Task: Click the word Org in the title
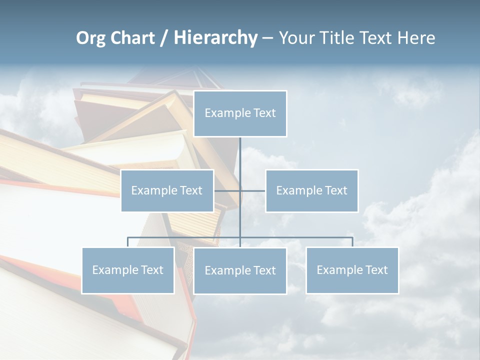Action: tap(90, 38)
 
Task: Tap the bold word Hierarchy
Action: tap(215, 38)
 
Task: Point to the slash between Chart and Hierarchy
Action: tap(164, 38)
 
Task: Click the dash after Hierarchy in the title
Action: tap(267, 38)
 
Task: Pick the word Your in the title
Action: tap(296, 38)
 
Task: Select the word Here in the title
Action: tap(416, 38)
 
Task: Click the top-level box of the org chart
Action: tap(240, 113)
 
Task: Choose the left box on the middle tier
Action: tap(167, 190)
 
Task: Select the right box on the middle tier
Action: tap(311, 190)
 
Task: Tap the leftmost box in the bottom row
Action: tap(128, 270)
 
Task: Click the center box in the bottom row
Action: tap(240, 270)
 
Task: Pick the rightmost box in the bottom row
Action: tap(352, 270)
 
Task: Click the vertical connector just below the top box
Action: tap(240, 150)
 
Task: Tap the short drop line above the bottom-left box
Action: tap(128, 242)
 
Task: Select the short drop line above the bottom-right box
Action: tap(352, 242)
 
